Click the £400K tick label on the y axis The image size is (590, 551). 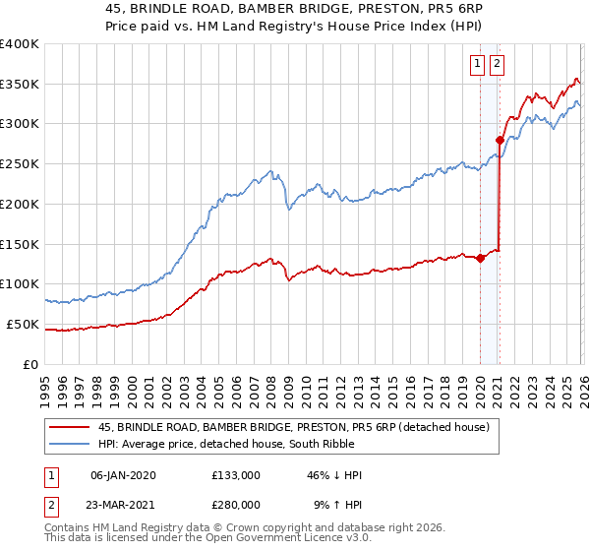(20, 44)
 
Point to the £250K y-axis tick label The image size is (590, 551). (20, 164)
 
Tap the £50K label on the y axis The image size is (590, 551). (24, 324)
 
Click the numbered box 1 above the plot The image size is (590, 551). (478, 65)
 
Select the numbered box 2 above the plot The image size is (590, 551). (497, 65)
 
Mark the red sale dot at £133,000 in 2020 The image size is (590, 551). (480, 259)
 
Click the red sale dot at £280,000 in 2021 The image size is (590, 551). (501, 141)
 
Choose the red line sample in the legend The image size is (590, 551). (70, 426)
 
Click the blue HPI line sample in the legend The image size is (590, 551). (70, 443)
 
